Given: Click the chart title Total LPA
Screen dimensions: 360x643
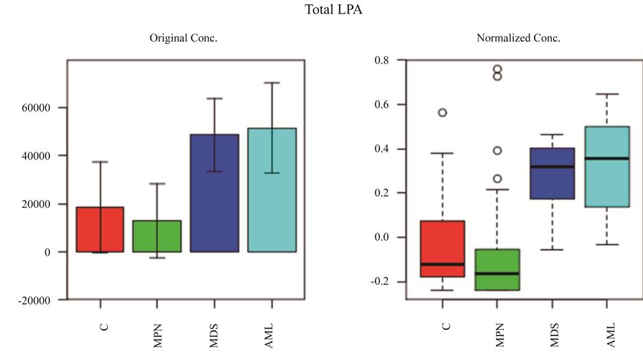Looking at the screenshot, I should [333, 10].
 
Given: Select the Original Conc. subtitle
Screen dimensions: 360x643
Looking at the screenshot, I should [184, 38].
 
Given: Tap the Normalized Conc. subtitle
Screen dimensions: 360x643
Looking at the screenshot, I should [518, 38].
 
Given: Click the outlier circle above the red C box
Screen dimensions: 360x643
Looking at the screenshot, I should [443, 112].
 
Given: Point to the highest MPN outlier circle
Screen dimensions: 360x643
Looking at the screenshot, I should [498, 69].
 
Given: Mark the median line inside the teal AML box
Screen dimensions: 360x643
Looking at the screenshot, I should [607, 158].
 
